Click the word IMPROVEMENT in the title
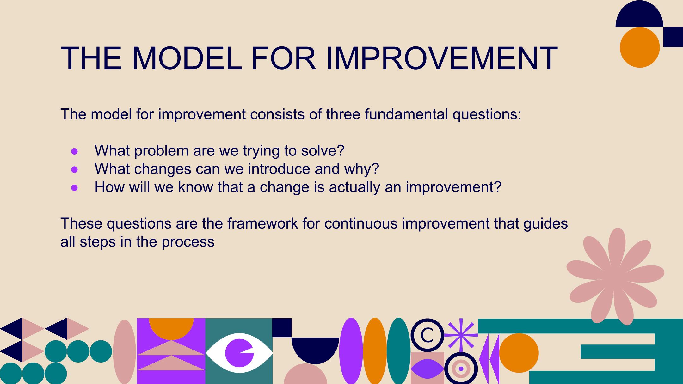[x=442, y=58]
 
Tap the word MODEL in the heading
[x=187, y=58]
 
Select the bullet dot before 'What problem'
[x=75, y=151]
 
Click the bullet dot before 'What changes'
[x=75, y=170]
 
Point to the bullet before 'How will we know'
[x=75, y=188]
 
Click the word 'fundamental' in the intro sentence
[x=406, y=114]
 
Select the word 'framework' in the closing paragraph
[x=262, y=223]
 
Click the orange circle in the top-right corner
[x=640, y=47]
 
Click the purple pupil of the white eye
[x=239, y=353]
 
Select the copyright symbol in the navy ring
[x=427, y=335]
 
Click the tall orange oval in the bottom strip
[x=375, y=351]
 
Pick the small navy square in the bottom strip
[x=282, y=328]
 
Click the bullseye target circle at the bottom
[x=461, y=369]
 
